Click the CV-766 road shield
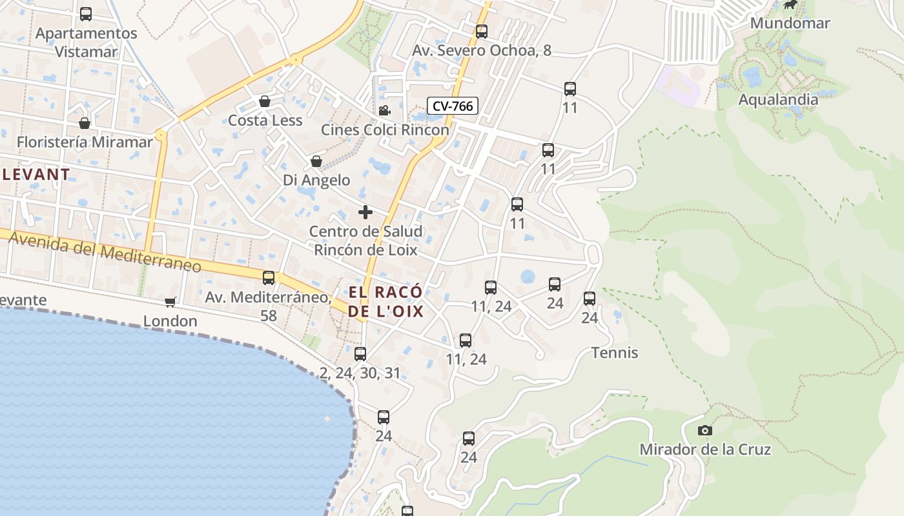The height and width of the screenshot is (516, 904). (x=452, y=106)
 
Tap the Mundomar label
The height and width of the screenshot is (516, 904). (x=790, y=23)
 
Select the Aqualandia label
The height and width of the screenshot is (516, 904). (x=777, y=99)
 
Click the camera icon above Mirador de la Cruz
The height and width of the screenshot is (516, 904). (x=705, y=430)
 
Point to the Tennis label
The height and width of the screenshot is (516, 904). (x=615, y=353)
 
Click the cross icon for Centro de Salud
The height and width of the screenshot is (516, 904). (x=365, y=212)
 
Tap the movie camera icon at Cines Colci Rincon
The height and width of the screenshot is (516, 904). (x=384, y=111)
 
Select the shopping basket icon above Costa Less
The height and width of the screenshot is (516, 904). (x=265, y=101)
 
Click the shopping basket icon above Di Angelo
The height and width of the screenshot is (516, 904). (x=316, y=161)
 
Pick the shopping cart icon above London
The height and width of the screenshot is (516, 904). (x=170, y=302)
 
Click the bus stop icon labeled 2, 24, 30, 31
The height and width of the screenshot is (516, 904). (x=360, y=353)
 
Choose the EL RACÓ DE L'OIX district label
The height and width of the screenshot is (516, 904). (x=385, y=302)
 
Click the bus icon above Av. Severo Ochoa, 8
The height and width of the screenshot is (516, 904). (x=481, y=32)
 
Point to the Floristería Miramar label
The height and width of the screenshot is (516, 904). (x=85, y=142)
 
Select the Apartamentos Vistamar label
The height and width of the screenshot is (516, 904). (x=86, y=42)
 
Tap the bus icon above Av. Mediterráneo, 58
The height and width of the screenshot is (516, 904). (x=269, y=278)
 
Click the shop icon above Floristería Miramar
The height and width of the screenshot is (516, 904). (x=85, y=123)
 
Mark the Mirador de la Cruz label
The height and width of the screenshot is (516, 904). (x=705, y=449)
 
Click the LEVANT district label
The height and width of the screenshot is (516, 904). (x=36, y=174)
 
